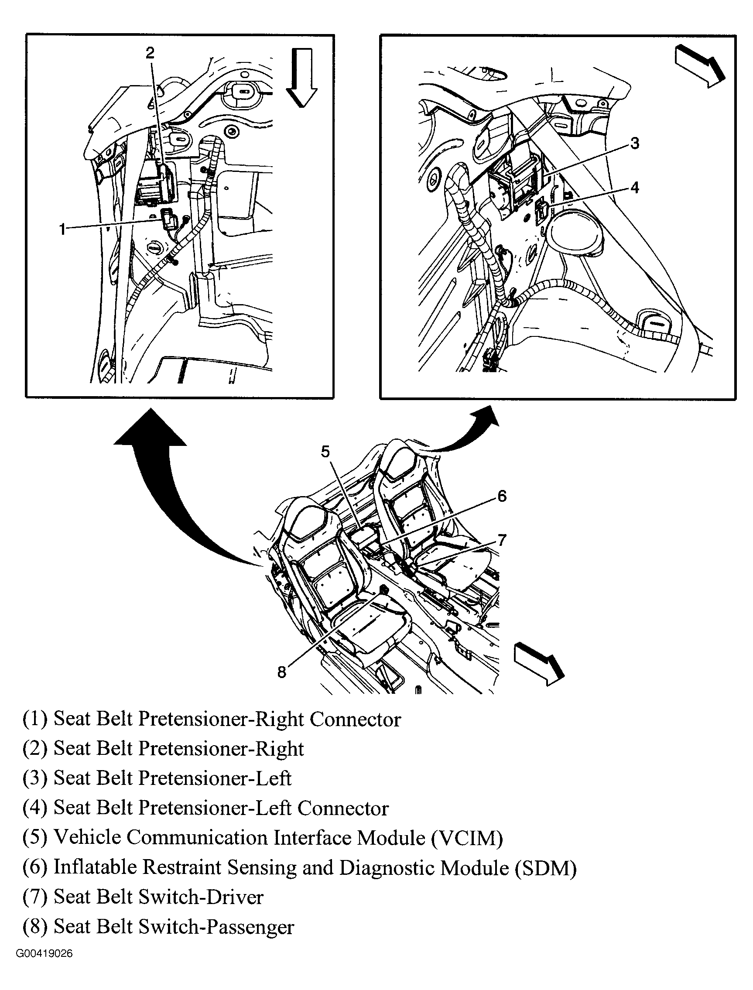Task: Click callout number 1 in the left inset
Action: [x=62, y=230]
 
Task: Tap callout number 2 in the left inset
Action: [x=150, y=53]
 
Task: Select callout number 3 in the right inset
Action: [x=634, y=144]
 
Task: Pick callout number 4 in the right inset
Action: [x=634, y=187]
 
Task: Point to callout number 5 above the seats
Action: [x=325, y=451]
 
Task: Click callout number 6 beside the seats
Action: [x=502, y=496]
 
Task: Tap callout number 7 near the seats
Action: [x=502, y=540]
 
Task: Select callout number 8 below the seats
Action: [x=281, y=672]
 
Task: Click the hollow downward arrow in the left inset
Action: [x=301, y=77]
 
